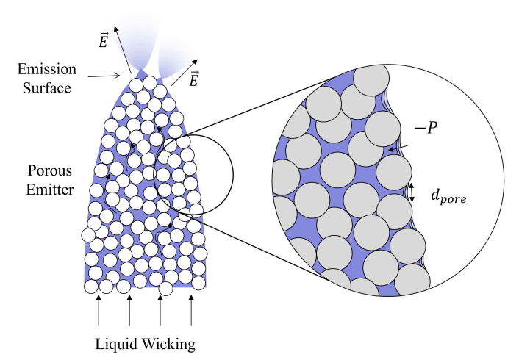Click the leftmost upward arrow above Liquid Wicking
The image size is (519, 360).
(99, 312)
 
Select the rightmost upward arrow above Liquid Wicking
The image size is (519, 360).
(192, 312)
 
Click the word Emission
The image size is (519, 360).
(48, 69)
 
